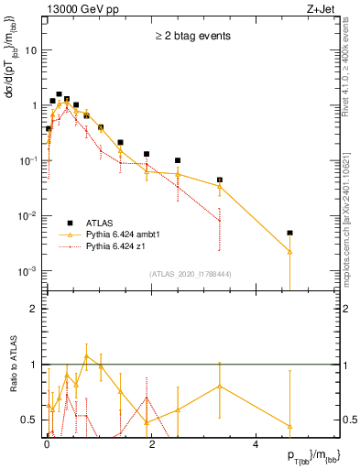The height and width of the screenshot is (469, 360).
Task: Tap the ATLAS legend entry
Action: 98,223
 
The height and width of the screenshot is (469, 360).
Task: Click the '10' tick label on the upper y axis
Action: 31,50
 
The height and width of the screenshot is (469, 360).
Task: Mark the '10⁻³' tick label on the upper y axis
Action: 27,271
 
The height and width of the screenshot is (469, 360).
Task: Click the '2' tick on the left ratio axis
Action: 34,309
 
